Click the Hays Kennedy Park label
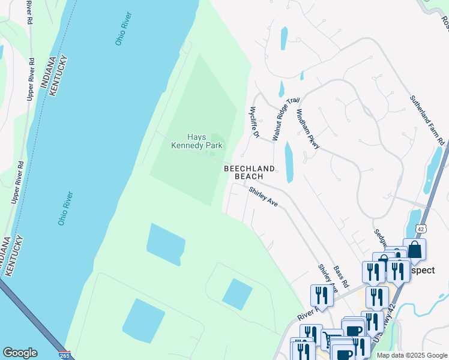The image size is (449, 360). click(192, 141)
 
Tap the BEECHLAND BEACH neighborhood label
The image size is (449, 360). click(249, 173)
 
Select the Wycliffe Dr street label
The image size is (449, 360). click(254, 122)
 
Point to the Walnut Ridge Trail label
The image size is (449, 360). click(285, 119)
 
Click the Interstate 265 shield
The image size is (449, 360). click(65, 355)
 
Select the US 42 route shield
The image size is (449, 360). click(421, 229)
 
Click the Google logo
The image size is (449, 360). click(20, 353)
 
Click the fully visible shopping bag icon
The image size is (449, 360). click(415, 251)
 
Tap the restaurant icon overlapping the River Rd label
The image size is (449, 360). click(321, 296)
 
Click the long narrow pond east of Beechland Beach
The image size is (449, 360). click(289, 162)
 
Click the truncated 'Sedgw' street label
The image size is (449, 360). click(379, 239)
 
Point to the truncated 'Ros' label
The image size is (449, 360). click(445, 22)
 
